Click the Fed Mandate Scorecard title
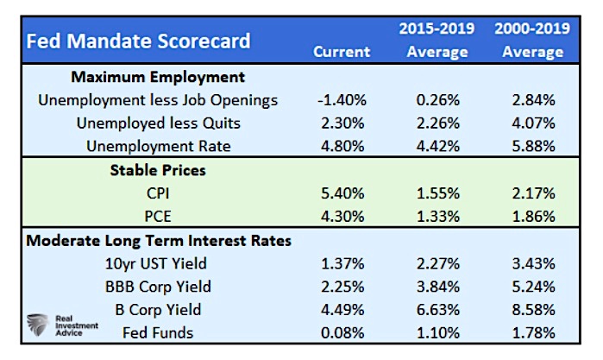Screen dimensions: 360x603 point(139,41)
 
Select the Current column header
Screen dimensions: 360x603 point(342,52)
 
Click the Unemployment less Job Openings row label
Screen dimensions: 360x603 point(158,100)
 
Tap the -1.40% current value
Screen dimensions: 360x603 point(342,100)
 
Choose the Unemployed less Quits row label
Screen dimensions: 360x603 point(158,123)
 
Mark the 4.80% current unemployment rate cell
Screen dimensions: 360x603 point(342,146)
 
